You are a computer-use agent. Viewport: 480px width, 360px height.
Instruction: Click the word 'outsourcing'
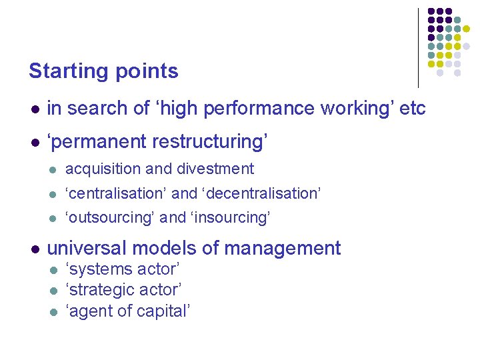click(111, 218)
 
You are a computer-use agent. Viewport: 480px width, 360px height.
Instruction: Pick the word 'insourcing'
click(230, 218)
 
